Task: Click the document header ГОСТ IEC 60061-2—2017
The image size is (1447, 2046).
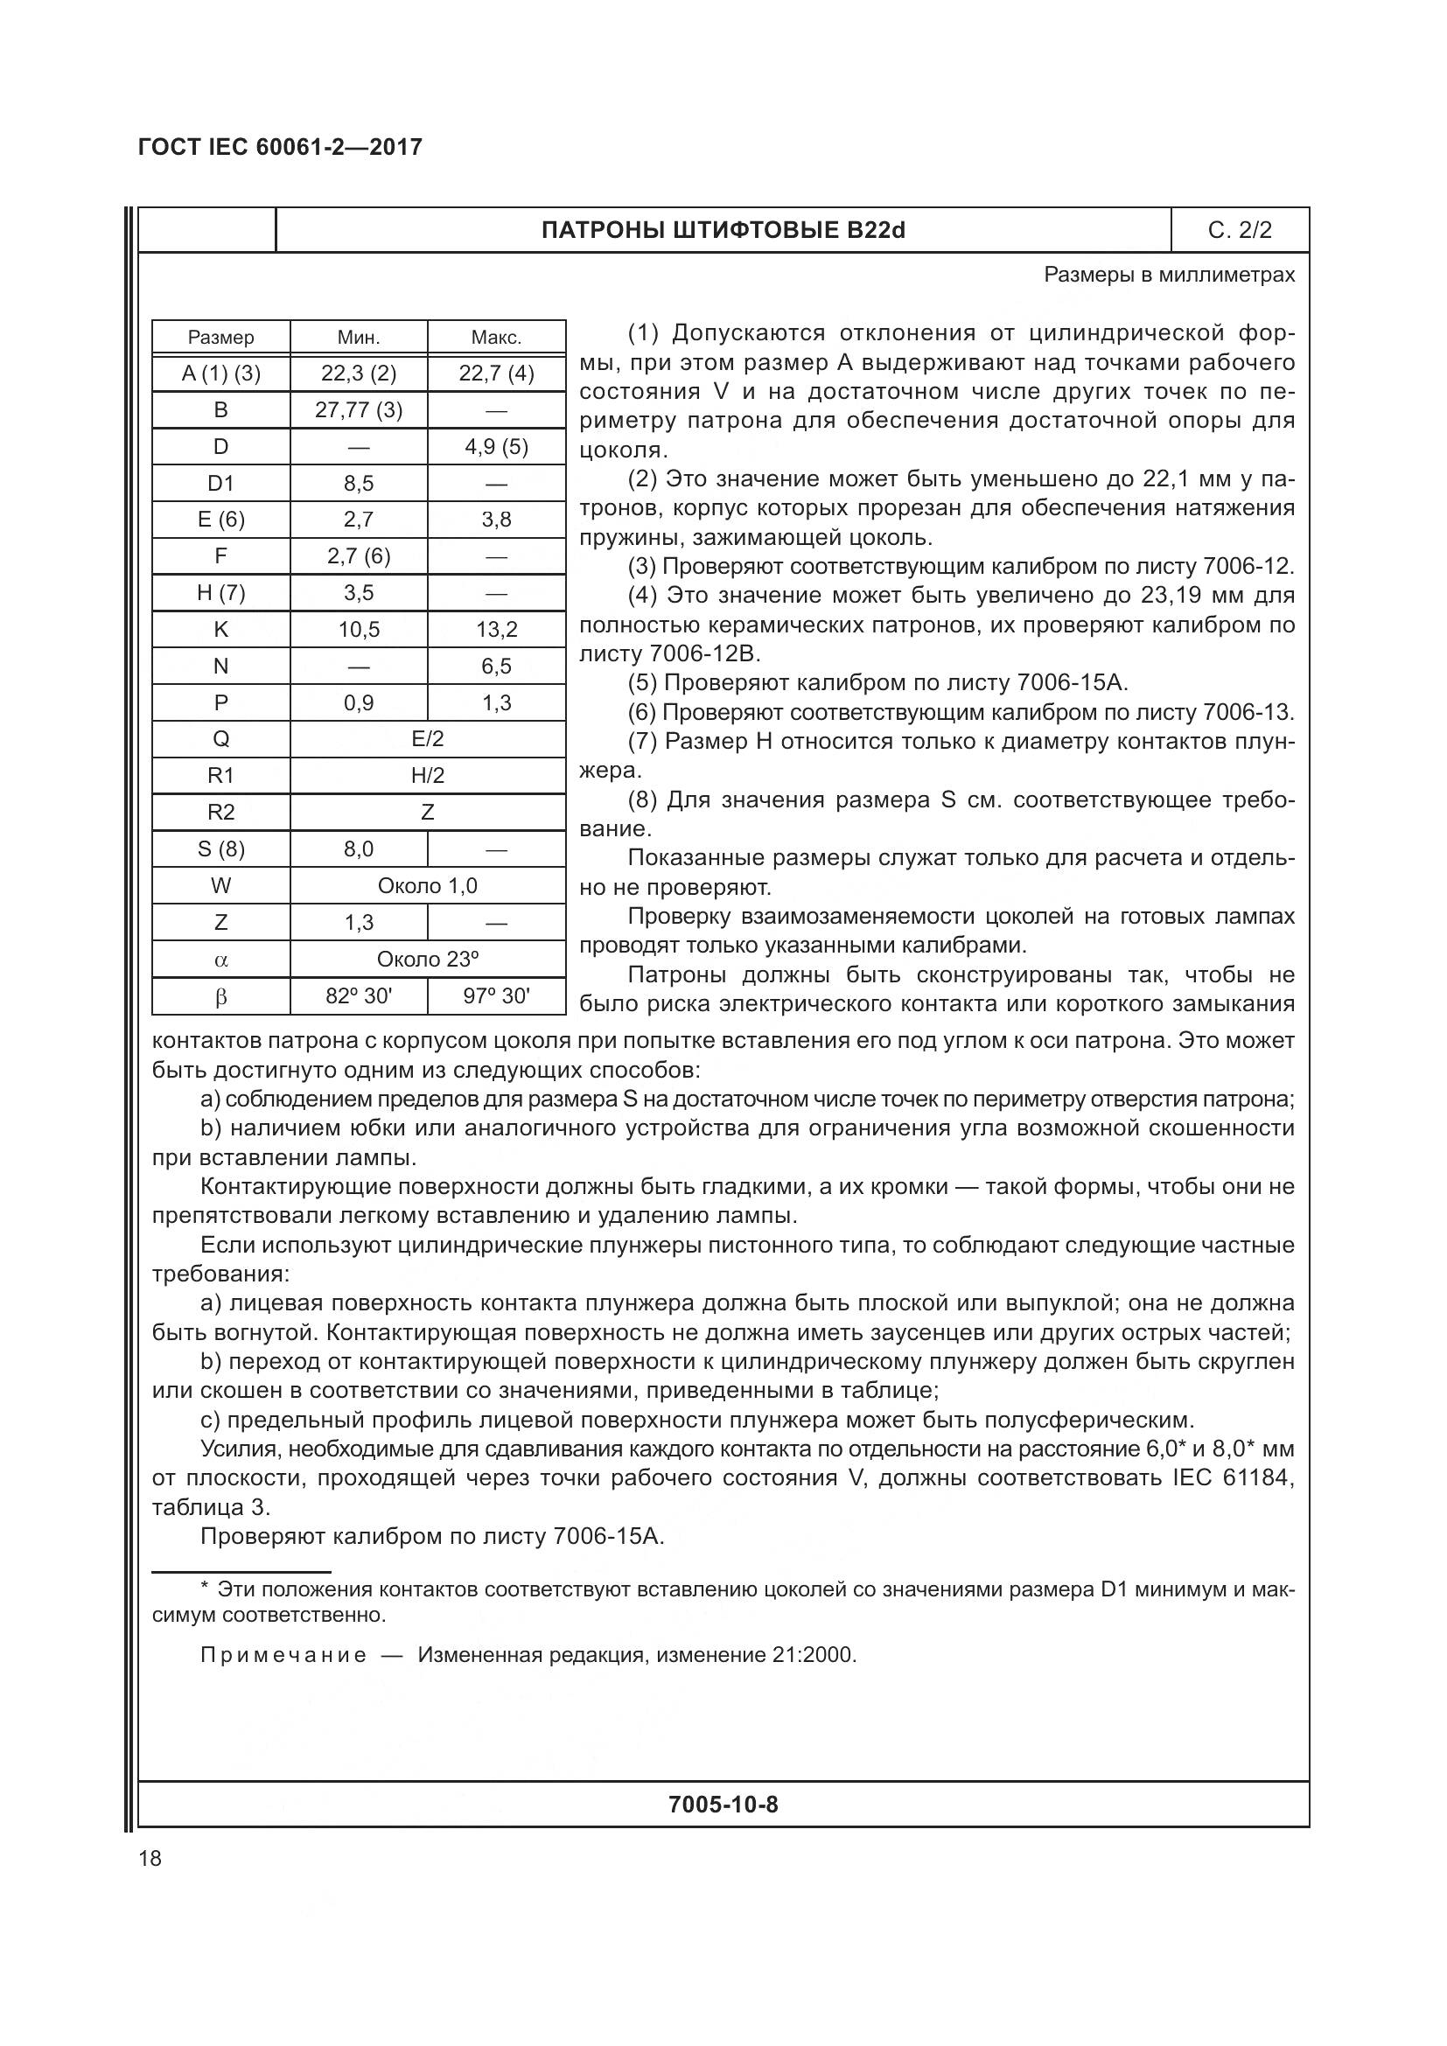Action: click(280, 147)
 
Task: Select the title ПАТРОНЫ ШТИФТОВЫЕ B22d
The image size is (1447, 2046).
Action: click(723, 231)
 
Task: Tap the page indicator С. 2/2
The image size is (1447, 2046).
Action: click(1240, 231)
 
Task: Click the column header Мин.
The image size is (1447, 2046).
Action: click(358, 338)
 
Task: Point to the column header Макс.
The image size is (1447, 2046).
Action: click(496, 338)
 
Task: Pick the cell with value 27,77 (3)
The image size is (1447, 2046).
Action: click(358, 410)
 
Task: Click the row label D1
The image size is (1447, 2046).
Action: click(221, 483)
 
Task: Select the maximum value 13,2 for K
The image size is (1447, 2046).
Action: click(496, 630)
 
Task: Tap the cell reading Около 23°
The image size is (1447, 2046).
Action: click(428, 960)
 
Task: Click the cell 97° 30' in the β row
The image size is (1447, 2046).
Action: click(496, 996)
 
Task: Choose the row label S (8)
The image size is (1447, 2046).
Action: click(221, 849)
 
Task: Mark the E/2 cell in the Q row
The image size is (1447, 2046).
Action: click(428, 739)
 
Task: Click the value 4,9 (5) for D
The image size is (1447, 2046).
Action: click(496, 446)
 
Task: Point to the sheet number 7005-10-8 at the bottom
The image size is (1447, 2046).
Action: click(723, 1805)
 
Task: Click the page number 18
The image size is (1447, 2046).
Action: click(150, 1858)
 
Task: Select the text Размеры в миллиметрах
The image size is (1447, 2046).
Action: click(1169, 276)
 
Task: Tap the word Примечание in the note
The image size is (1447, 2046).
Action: click(283, 1656)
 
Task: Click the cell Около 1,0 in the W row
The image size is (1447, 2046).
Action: click(428, 886)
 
